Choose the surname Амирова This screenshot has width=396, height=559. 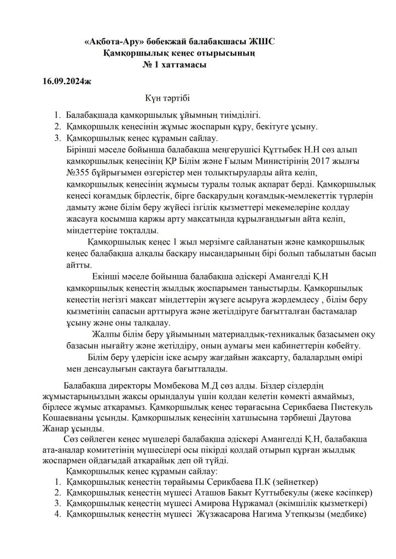[197, 503]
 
